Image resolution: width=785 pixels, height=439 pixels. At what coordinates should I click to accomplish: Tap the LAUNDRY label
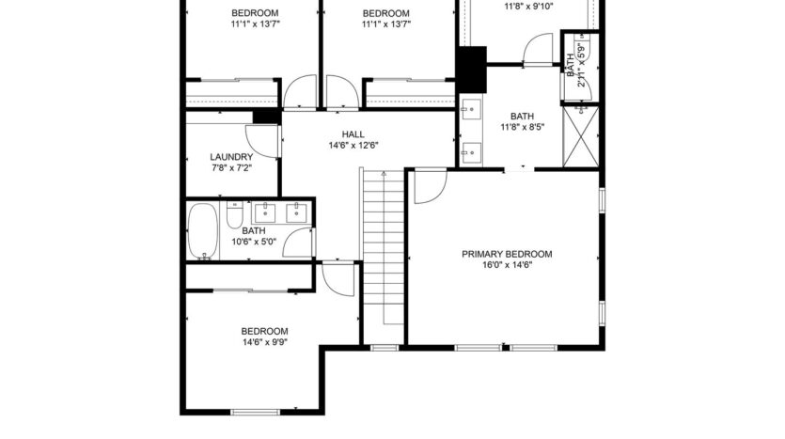[x=230, y=157]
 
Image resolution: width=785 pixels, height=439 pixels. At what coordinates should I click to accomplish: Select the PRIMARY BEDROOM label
[x=506, y=254]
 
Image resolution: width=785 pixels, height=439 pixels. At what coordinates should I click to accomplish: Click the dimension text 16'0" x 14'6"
[x=506, y=265]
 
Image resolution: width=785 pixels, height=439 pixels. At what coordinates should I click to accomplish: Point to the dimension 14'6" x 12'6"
[x=353, y=146]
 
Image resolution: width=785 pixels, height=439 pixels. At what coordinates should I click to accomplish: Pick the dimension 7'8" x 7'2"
[x=230, y=168]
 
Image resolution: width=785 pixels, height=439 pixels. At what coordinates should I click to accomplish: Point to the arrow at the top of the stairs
[x=383, y=175]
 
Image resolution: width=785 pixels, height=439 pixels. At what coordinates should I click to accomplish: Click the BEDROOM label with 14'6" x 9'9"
[x=264, y=331]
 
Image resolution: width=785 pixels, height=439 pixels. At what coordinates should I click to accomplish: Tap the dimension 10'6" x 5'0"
[x=254, y=242]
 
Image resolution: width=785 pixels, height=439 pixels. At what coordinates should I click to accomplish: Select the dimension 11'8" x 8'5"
[x=522, y=127]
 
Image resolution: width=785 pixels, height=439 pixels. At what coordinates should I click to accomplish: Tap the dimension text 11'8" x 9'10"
[x=528, y=6]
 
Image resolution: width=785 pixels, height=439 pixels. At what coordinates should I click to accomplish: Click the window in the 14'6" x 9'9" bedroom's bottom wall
[x=257, y=412]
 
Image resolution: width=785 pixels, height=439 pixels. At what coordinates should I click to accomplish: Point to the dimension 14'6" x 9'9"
[x=264, y=342]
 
